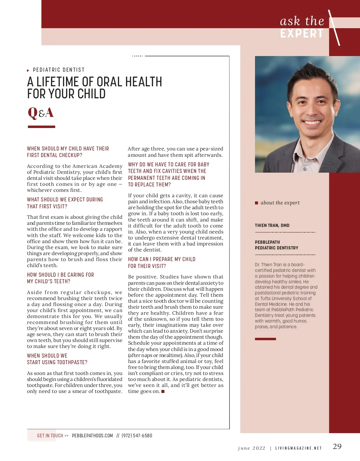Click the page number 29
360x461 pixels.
pos(337,446)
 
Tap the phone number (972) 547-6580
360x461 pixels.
pos(137,436)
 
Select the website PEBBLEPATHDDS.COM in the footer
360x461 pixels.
pos(92,436)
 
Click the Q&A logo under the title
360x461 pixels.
pos(41,113)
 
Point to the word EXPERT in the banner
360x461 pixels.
pos(302,34)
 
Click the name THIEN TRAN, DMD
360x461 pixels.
pos(272,225)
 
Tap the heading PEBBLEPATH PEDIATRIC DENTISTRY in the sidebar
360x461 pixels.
pos(277,245)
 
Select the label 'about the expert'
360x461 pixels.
pos(280,203)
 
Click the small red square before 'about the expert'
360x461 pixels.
pos(256,203)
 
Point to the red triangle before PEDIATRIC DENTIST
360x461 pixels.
pos(28,70)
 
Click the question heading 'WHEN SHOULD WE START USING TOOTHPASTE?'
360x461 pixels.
pos(57,359)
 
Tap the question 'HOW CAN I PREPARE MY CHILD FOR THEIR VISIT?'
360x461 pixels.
pos(162,262)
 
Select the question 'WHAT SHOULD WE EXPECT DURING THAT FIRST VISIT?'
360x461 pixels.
pos(65,203)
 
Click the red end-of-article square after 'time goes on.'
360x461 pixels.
pos(163,391)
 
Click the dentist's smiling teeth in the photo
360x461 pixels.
pos(312,123)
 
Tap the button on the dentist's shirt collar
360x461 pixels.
pos(305,169)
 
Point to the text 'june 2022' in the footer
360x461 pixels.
pos(251,448)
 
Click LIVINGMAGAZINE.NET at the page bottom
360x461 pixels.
pos(298,448)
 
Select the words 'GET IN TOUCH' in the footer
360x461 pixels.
pos(50,436)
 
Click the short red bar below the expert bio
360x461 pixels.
pos(265,339)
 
